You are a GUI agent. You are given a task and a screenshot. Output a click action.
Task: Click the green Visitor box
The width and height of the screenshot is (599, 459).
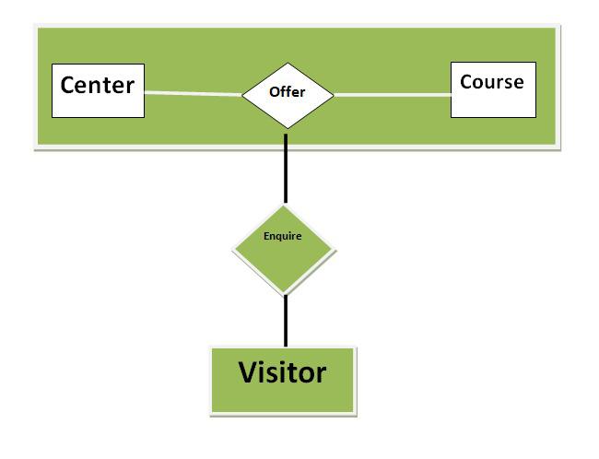281,380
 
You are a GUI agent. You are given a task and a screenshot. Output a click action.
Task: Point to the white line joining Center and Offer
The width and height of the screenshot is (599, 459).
194,92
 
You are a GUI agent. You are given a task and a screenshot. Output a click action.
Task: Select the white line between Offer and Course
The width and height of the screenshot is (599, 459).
392,94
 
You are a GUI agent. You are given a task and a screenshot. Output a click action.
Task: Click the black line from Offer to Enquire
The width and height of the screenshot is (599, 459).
286,168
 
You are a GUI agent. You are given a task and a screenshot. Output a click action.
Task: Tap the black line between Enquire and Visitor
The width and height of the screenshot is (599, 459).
286,320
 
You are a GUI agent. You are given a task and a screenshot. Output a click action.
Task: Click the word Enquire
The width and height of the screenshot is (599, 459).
282,236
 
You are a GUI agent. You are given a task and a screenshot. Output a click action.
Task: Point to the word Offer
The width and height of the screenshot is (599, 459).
287,92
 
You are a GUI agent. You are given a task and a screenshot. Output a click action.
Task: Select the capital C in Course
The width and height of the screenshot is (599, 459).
466,82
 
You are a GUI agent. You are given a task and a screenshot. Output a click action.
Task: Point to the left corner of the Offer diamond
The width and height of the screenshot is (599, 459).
242,94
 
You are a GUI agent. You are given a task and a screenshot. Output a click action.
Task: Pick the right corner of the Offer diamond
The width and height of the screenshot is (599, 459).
333,94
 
